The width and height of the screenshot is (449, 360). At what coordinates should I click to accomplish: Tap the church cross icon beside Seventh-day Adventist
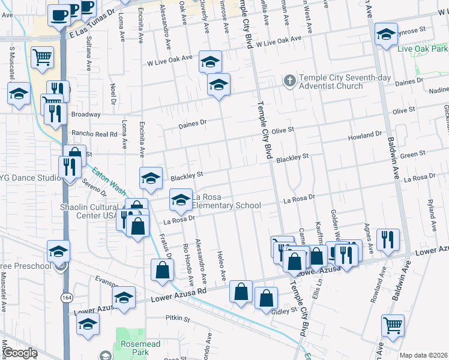click(x=289, y=81)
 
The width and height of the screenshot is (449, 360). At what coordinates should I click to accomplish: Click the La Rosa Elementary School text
click(x=226, y=201)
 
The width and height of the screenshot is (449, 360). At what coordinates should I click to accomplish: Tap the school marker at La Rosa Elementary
click(x=180, y=200)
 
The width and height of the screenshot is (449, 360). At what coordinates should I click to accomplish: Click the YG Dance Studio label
click(x=30, y=178)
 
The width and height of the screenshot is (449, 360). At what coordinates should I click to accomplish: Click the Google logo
click(x=20, y=353)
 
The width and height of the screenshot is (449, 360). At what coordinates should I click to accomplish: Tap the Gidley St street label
click(x=285, y=311)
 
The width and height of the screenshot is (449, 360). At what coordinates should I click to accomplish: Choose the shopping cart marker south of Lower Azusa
click(x=393, y=326)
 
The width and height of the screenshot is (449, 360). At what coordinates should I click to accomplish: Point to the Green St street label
click(x=412, y=155)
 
